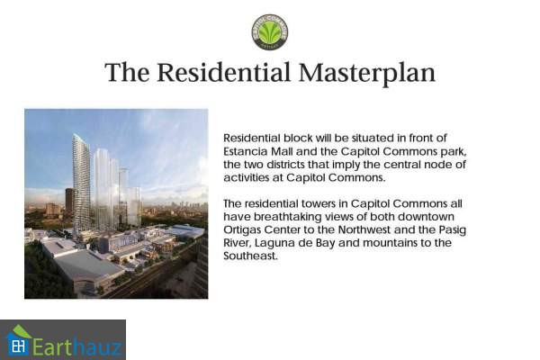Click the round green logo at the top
click(270, 32)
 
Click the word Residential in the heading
click(224, 72)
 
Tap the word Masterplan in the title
click(367, 73)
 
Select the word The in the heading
click(127, 72)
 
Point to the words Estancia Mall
click(258, 151)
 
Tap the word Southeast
click(250, 256)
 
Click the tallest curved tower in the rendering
click(82, 183)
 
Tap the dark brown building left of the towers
click(69, 203)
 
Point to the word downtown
click(426, 217)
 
